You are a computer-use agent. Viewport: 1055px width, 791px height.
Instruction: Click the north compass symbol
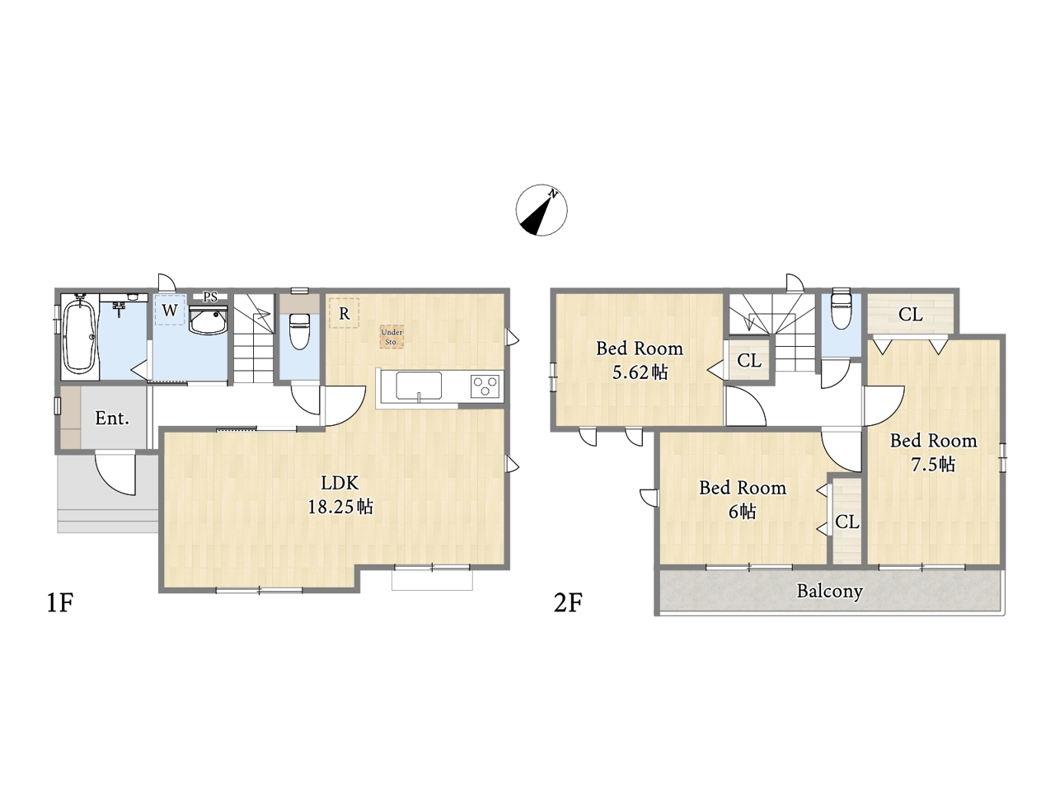542,210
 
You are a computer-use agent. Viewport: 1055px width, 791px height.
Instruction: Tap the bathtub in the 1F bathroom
79,335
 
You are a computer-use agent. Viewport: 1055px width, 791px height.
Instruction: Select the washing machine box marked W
170,310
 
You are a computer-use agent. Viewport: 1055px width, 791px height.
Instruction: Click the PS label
210,297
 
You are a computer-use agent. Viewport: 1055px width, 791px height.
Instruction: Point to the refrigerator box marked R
345,313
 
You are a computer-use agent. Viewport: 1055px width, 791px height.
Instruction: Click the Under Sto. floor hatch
392,336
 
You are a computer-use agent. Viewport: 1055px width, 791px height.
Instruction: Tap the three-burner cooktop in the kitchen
486,386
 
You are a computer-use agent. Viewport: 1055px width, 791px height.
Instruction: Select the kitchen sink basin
419,386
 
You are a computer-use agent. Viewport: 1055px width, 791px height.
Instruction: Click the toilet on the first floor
299,331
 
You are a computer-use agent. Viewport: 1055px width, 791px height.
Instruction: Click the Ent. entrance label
112,419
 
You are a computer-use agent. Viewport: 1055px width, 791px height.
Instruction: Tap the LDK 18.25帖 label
340,494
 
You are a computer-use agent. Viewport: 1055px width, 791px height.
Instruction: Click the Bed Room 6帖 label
743,499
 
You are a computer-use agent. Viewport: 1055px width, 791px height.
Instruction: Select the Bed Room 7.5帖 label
933,452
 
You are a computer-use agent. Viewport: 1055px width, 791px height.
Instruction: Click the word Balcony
830,591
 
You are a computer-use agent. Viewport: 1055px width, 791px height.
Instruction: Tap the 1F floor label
59,603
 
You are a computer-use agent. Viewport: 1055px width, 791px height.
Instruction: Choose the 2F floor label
568,603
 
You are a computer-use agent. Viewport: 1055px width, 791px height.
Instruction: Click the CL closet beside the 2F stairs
749,360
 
